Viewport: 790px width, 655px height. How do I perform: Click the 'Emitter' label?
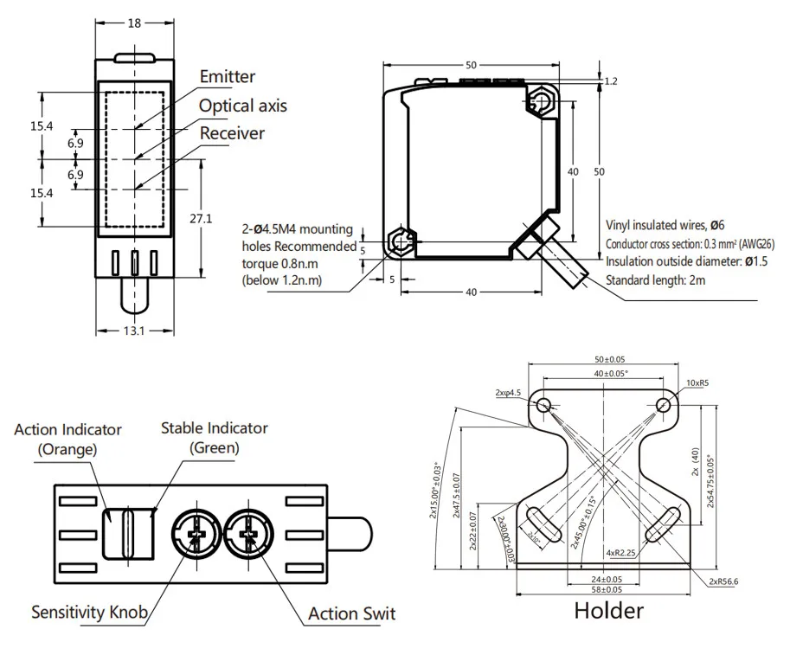228,77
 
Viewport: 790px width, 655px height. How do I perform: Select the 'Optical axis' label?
243,106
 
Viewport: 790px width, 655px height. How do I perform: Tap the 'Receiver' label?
232,133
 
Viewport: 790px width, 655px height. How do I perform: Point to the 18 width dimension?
134,23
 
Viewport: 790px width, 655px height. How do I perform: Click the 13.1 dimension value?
133,330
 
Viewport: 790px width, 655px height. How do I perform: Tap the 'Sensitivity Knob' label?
89,613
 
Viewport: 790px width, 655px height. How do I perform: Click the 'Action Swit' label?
351,613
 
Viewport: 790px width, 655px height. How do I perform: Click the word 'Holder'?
609,611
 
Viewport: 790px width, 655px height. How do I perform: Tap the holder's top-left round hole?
543,404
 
